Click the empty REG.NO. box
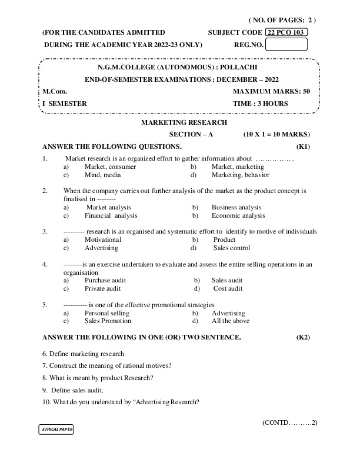[291, 44]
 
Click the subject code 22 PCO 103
[287, 32]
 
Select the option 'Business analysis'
[236, 207]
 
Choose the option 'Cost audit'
[228, 289]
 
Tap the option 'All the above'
[230, 321]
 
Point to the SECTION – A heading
[191, 134]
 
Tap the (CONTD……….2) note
[289, 422]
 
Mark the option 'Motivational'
[103, 239]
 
